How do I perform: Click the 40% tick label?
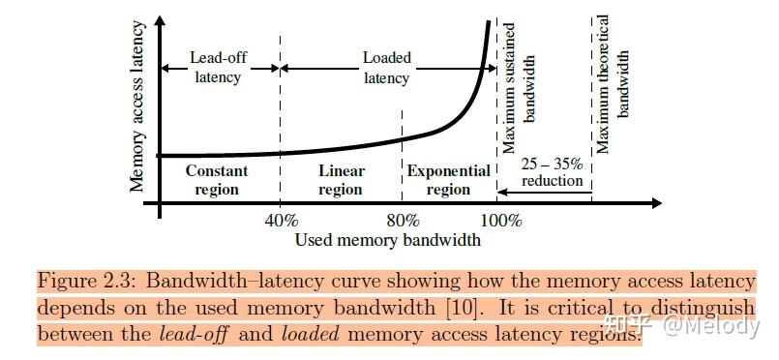tap(280, 220)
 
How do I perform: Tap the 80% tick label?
tap(402, 220)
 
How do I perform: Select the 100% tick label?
tap(500, 220)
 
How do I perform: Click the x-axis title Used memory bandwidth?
tap(387, 240)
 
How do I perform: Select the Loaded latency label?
tap(387, 67)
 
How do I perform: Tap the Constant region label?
tap(217, 180)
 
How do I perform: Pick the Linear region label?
tap(342, 180)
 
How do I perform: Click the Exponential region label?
tap(448, 180)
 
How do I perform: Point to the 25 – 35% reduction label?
tap(552, 171)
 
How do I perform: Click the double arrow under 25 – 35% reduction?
tap(544, 192)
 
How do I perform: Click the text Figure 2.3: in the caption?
tap(82, 281)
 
